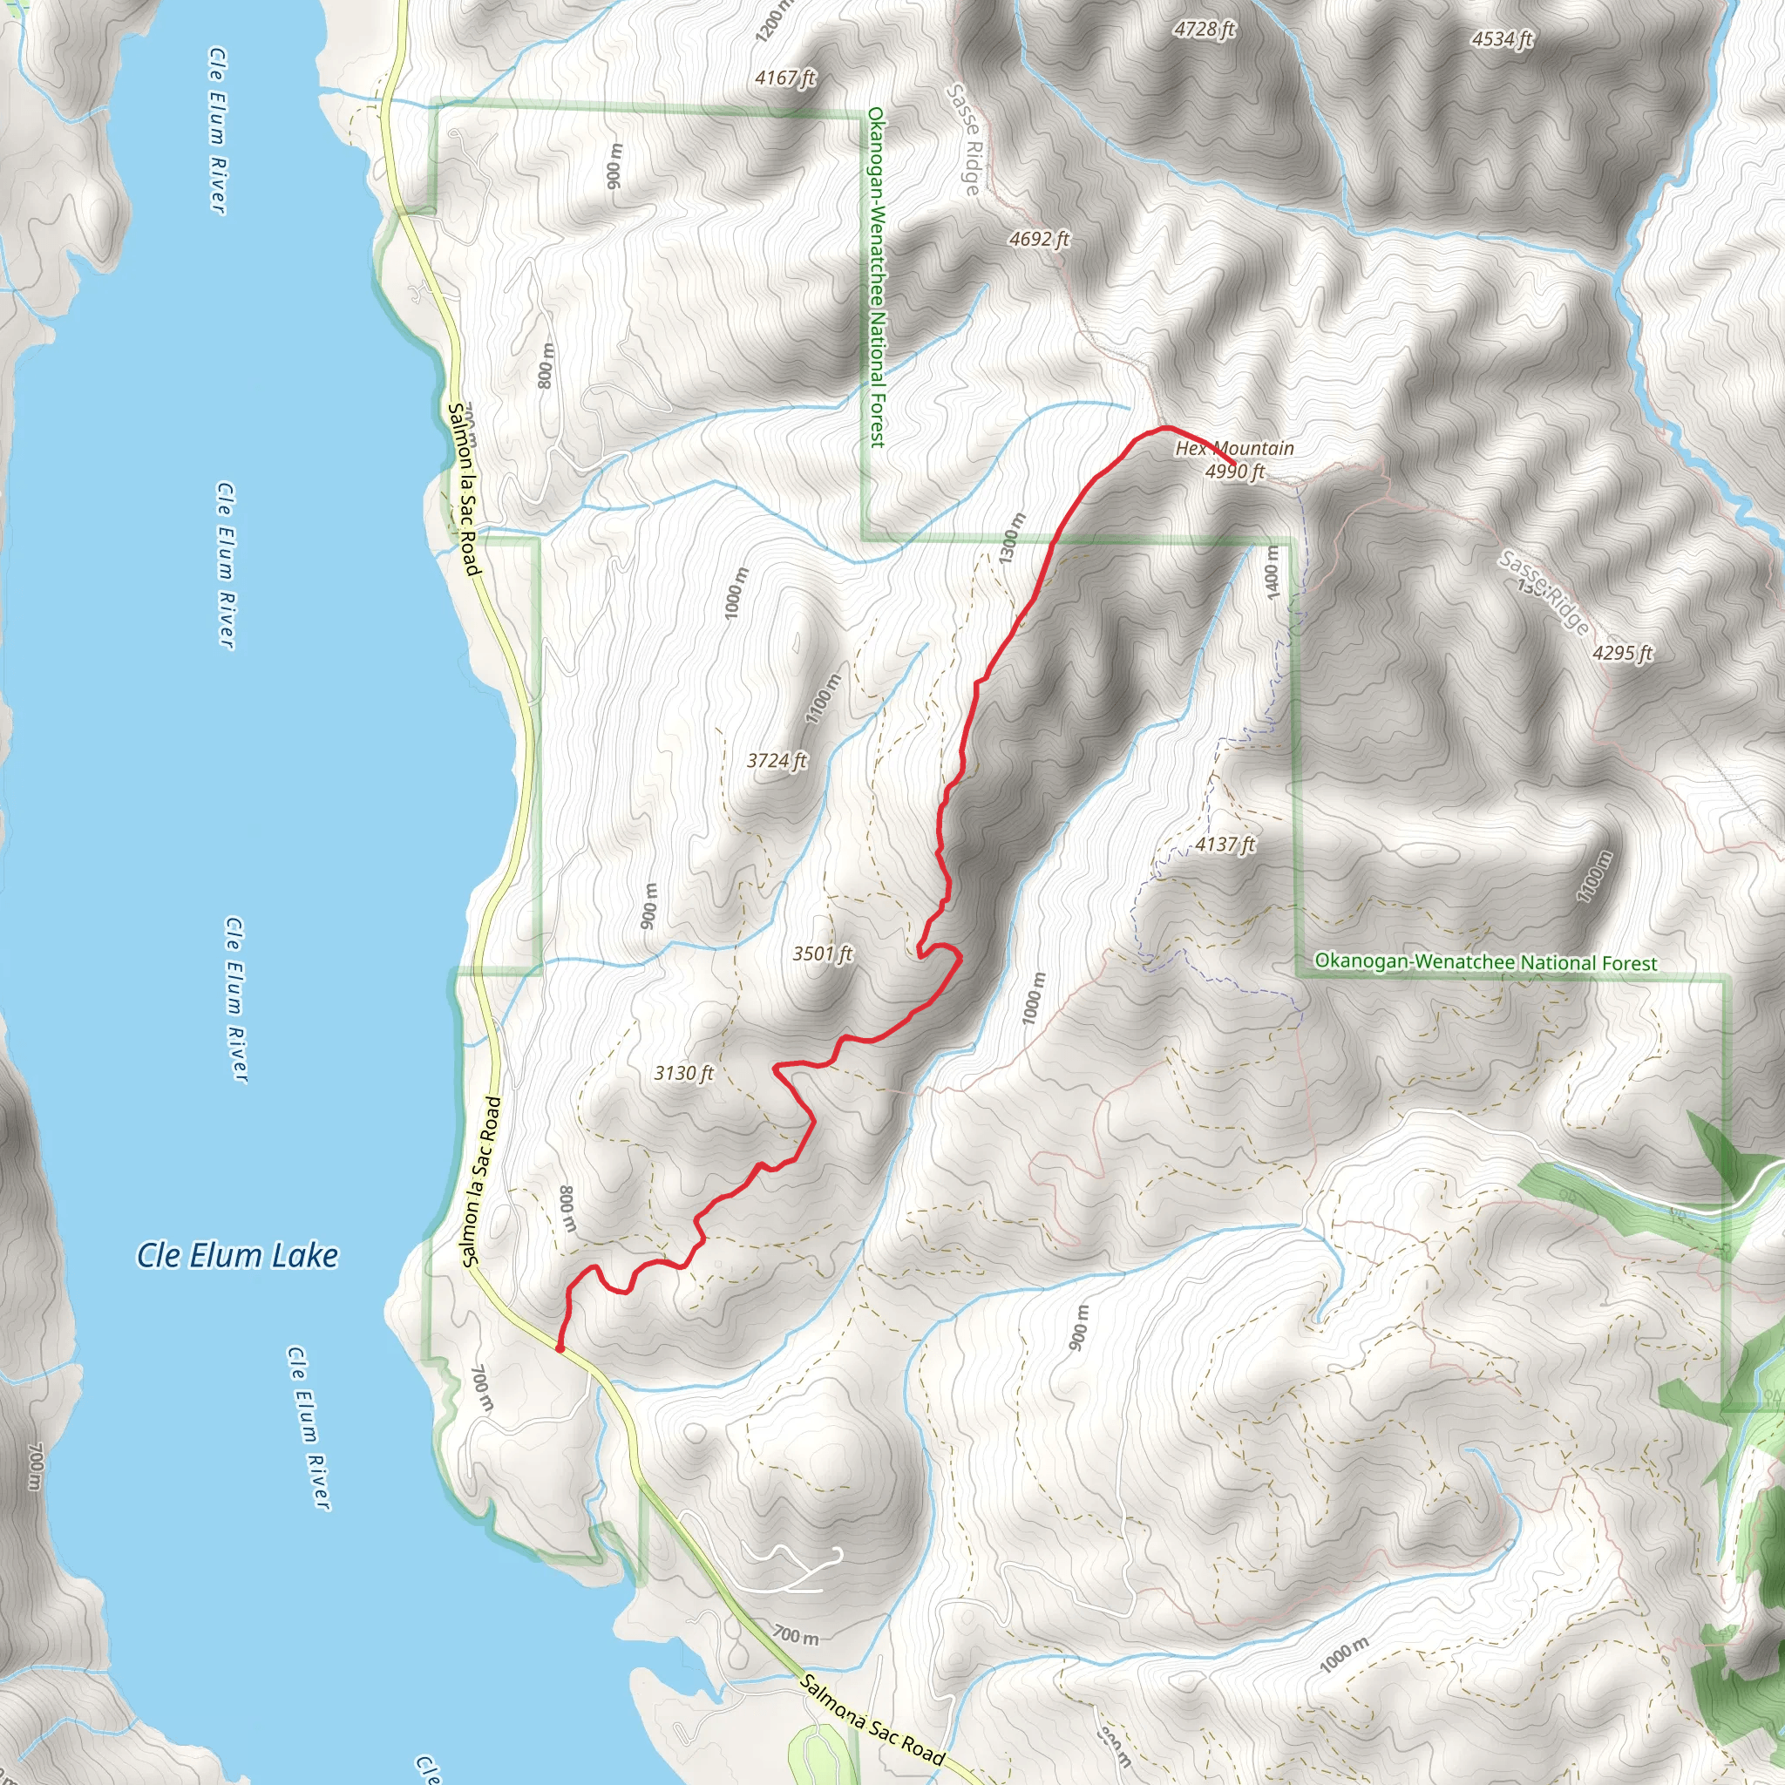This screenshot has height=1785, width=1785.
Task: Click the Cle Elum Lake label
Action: coord(237,1255)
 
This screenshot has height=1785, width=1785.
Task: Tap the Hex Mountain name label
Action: coord(1234,449)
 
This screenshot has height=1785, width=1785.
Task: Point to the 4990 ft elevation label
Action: coord(1234,472)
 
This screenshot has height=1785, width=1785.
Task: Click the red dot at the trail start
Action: coord(560,1348)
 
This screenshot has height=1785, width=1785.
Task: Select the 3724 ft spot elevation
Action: coord(777,760)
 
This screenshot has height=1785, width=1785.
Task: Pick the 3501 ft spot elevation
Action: coord(822,954)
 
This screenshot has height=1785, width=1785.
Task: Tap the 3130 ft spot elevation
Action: coord(683,1073)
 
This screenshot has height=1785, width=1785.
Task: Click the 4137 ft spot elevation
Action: coord(1225,844)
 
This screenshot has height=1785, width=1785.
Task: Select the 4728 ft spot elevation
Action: coord(1205,30)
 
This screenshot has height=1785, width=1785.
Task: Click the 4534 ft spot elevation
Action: coord(1503,39)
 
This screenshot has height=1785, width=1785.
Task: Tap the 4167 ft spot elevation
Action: coord(785,78)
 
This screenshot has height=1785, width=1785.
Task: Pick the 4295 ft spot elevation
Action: coord(1622,653)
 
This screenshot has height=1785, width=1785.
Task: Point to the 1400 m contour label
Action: coord(1273,571)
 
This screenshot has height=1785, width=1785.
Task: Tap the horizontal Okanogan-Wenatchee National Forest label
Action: coord(1486,962)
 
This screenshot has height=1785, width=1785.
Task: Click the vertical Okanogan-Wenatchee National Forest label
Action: coord(876,277)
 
